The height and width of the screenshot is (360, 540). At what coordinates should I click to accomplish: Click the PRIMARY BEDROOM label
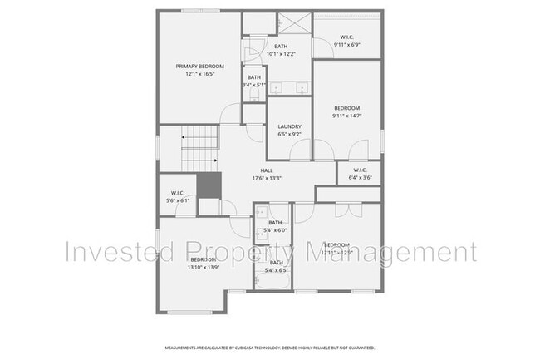click(x=196, y=66)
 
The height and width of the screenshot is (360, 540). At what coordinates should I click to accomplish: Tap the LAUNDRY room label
click(x=289, y=126)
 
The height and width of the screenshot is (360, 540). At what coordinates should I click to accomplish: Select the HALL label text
click(x=267, y=170)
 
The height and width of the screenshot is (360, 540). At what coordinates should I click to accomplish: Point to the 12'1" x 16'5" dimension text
click(x=196, y=74)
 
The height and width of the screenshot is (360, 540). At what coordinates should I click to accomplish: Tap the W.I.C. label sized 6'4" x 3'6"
click(x=361, y=170)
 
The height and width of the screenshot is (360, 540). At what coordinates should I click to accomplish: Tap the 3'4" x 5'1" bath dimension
click(x=254, y=85)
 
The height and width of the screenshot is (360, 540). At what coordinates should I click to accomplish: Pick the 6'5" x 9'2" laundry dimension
click(x=289, y=134)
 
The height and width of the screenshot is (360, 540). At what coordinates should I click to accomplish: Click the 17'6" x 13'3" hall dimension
click(x=267, y=178)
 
